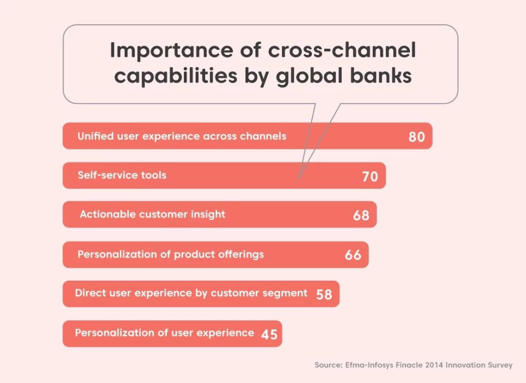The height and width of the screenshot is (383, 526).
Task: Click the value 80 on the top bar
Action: (417, 137)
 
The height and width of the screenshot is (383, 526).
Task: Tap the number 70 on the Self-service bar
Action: (370, 176)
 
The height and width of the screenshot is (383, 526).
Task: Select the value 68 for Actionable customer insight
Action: (361, 215)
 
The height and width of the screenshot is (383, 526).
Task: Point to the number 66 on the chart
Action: (353, 255)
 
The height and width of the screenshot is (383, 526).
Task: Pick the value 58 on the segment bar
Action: (324, 295)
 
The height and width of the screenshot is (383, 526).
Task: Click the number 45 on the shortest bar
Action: (269, 334)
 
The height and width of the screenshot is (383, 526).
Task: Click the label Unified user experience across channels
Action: (182, 136)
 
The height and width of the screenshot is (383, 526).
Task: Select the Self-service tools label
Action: (122, 175)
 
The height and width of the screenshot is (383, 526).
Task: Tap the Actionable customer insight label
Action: (152, 214)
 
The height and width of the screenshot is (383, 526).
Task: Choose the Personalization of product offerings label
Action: (171, 254)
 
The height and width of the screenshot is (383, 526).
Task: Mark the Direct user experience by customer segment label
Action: (191, 293)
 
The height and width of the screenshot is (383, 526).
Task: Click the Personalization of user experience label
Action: (164, 333)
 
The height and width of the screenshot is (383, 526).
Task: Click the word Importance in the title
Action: (172, 50)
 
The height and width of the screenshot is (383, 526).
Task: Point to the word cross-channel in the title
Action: (342, 50)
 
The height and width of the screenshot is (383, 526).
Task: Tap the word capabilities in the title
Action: (176, 76)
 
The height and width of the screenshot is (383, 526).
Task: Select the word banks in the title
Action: (381, 75)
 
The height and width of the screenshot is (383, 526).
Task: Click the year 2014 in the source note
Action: (434, 365)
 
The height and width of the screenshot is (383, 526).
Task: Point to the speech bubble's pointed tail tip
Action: (298, 178)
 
